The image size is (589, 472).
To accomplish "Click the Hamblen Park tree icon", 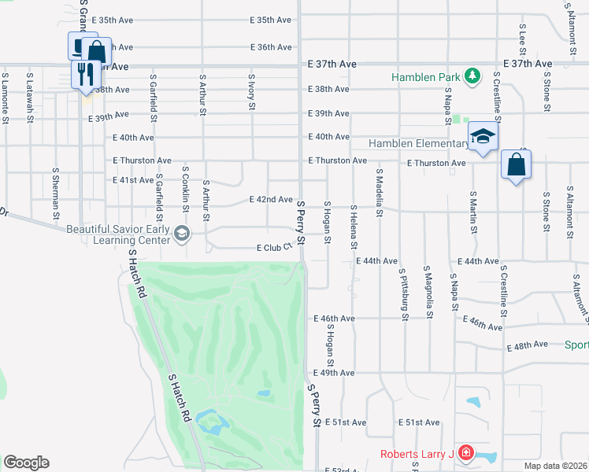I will click(472, 76).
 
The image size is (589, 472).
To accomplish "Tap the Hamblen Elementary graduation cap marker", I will click(483, 137).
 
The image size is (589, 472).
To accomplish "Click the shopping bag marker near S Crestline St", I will click(516, 165).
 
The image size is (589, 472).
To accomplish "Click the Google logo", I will click(26, 463).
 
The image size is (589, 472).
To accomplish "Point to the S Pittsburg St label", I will click(404, 299).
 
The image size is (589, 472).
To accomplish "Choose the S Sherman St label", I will click(56, 193).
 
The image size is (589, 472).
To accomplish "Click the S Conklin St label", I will click(186, 189).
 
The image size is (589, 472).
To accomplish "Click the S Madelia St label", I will click(379, 191).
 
